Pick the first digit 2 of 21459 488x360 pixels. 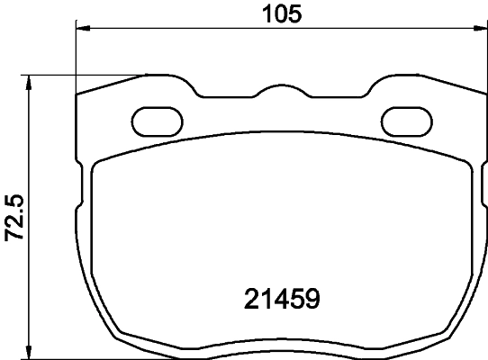point(253,298)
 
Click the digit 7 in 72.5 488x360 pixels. point(14,237)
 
